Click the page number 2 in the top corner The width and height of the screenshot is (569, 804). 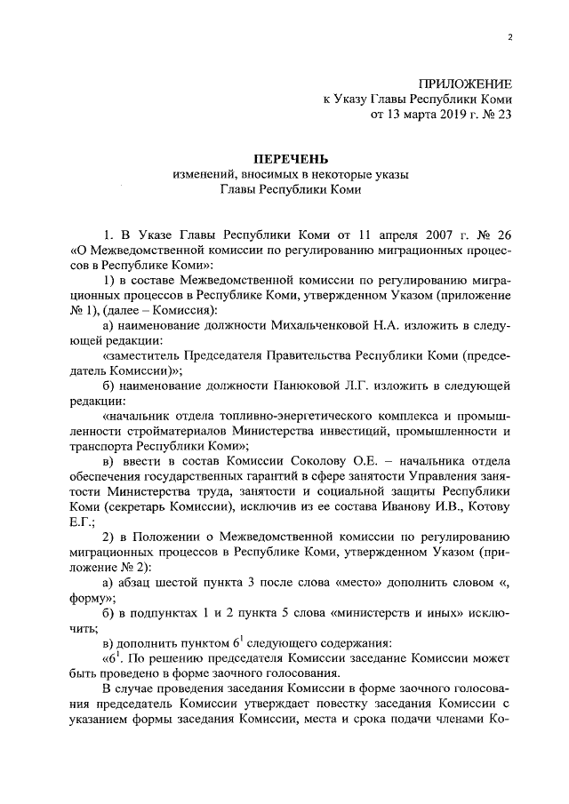509,36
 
